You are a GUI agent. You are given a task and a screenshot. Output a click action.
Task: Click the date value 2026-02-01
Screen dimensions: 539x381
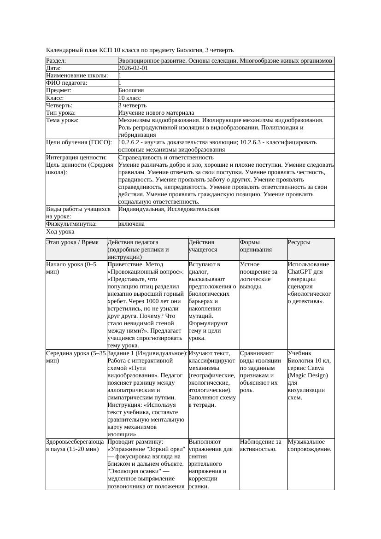click(133, 68)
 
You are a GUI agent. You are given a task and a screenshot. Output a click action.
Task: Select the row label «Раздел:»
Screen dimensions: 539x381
click(56, 61)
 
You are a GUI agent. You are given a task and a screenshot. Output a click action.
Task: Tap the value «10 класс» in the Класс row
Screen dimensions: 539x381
click(129, 98)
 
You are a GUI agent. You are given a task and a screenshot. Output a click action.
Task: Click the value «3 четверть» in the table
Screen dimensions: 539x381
click(133, 105)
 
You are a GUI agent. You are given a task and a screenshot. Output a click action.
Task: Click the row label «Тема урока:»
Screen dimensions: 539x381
click(63, 120)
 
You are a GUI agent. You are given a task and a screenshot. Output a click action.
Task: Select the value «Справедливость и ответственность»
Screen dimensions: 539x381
click(166, 158)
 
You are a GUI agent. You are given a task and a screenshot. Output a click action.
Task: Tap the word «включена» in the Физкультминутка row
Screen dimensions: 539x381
click(131, 224)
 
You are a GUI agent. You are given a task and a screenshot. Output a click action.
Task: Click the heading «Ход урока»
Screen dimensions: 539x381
click(60, 232)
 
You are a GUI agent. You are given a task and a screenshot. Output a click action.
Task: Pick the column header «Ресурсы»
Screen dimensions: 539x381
click(299, 242)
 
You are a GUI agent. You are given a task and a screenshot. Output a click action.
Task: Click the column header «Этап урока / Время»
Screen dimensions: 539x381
click(72, 242)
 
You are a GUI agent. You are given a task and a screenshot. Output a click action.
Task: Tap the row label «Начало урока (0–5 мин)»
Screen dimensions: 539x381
click(71, 268)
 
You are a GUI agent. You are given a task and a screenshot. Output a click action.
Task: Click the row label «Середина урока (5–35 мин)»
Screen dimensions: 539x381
click(76, 357)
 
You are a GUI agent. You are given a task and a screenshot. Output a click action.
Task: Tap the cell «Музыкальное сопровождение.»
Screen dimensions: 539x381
click(310, 445)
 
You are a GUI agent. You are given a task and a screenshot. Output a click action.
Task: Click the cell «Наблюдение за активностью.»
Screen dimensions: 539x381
click(260, 445)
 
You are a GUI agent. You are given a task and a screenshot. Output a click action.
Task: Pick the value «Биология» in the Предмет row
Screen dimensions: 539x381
click(131, 91)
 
